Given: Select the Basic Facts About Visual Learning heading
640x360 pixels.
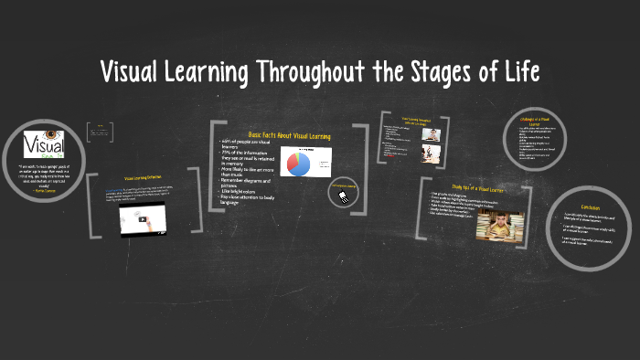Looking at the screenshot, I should coord(289,135).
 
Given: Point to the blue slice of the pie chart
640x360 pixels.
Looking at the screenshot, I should coord(298,164).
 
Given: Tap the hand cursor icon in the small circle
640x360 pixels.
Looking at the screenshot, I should coord(344,194).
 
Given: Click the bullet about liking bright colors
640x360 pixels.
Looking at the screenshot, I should coord(240,216).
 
